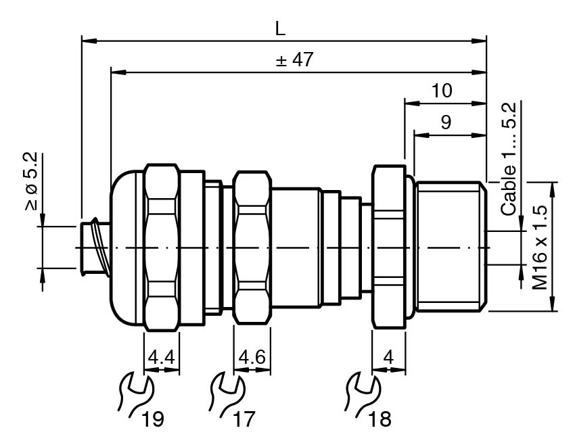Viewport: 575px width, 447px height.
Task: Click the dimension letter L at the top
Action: [x=280, y=28]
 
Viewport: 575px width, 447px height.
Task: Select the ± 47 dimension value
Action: [x=294, y=60]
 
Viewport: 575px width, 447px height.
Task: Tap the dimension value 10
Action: [x=442, y=91]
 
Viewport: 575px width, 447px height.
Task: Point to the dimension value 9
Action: [x=446, y=122]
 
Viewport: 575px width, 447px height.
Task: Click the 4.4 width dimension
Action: [x=162, y=357]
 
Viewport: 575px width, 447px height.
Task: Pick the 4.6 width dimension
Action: [x=252, y=357]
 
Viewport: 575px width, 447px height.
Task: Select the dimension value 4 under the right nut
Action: [x=388, y=357]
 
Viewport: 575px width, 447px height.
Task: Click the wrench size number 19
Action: [x=153, y=419]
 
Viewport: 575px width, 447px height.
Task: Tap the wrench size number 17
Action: [x=244, y=419]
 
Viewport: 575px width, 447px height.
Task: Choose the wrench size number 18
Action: [x=380, y=419]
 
